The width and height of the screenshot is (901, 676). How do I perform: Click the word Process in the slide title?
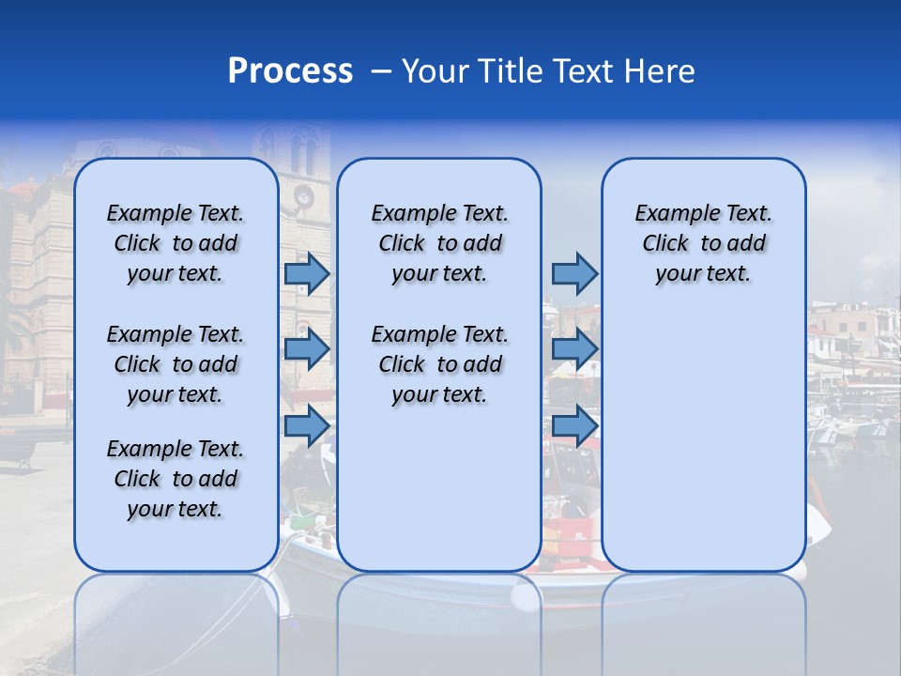pyautogui.click(x=290, y=71)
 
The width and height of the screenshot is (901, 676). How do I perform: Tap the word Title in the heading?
pyautogui.click(x=509, y=71)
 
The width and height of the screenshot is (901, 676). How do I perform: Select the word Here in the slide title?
pyautogui.click(x=659, y=71)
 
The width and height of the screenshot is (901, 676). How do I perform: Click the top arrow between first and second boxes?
pyautogui.click(x=307, y=273)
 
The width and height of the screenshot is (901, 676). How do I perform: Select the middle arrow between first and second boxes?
pyautogui.click(x=307, y=349)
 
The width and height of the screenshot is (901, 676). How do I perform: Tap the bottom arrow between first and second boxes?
pyautogui.click(x=307, y=425)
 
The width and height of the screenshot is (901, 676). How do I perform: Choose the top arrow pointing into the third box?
pyautogui.click(x=574, y=273)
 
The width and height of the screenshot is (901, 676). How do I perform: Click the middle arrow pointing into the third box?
pyautogui.click(x=574, y=349)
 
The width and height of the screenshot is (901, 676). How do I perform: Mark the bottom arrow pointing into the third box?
pyautogui.click(x=574, y=425)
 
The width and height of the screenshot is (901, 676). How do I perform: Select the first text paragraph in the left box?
pyautogui.click(x=176, y=243)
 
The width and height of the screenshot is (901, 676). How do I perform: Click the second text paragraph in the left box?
pyautogui.click(x=176, y=364)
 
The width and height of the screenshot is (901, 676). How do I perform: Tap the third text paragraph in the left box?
pyautogui.click(x=176, y=479)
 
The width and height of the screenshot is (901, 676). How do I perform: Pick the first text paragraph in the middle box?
pyautogui.click(x=439, y=243)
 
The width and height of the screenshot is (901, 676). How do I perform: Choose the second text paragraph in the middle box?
pyautogui.click(x=439, y=364)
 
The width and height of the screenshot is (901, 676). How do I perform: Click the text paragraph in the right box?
pyautogui.click(x=703, y=243)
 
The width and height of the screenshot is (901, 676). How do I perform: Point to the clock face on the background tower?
pyautogui.click(x=303, y=196)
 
